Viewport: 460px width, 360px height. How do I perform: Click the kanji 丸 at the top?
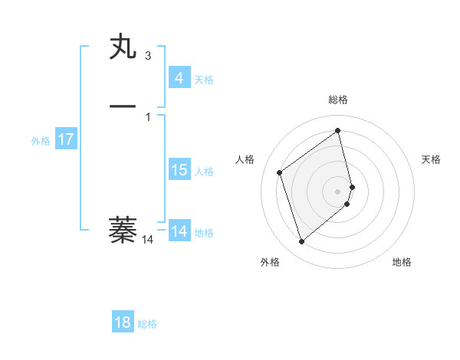click(123, 47)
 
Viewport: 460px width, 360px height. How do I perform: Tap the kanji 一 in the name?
click(123, 105)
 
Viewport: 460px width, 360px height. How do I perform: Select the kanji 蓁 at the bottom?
click(123, 229)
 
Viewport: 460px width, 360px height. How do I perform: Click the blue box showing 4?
click(179, 77)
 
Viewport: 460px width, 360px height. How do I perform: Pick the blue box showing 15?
click(179, 170)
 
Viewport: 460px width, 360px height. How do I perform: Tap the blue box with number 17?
click(65, 139)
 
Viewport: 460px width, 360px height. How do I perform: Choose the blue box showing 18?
click(123, 322)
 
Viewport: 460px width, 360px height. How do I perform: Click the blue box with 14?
click(179, 231)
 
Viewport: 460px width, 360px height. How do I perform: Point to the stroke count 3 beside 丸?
click(148, 56)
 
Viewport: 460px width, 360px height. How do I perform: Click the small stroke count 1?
click(148, 116)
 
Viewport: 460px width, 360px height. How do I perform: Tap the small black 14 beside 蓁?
click(148, 240)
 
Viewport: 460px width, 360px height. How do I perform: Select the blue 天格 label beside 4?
click(204, 80)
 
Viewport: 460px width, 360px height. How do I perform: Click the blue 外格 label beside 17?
click(41, 141)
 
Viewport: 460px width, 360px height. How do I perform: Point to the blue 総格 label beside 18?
click(147, 324)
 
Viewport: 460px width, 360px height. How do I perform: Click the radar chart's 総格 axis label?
click(338, 100)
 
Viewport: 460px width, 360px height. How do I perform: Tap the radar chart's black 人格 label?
click(245, 159)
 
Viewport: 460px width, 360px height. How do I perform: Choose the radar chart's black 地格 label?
click(402, 262)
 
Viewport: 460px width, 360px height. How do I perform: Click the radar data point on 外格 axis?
click(301, 242)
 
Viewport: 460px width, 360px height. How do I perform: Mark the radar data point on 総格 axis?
click(338, 130)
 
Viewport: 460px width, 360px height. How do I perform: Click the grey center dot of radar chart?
click(338, 191)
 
